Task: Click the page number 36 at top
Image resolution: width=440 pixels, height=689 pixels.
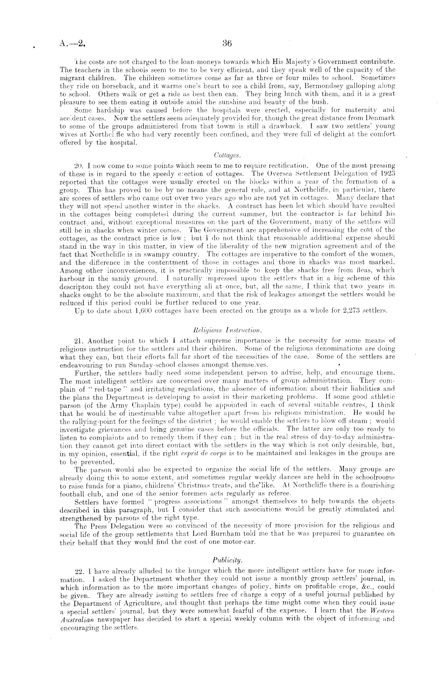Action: pos(227,43)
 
